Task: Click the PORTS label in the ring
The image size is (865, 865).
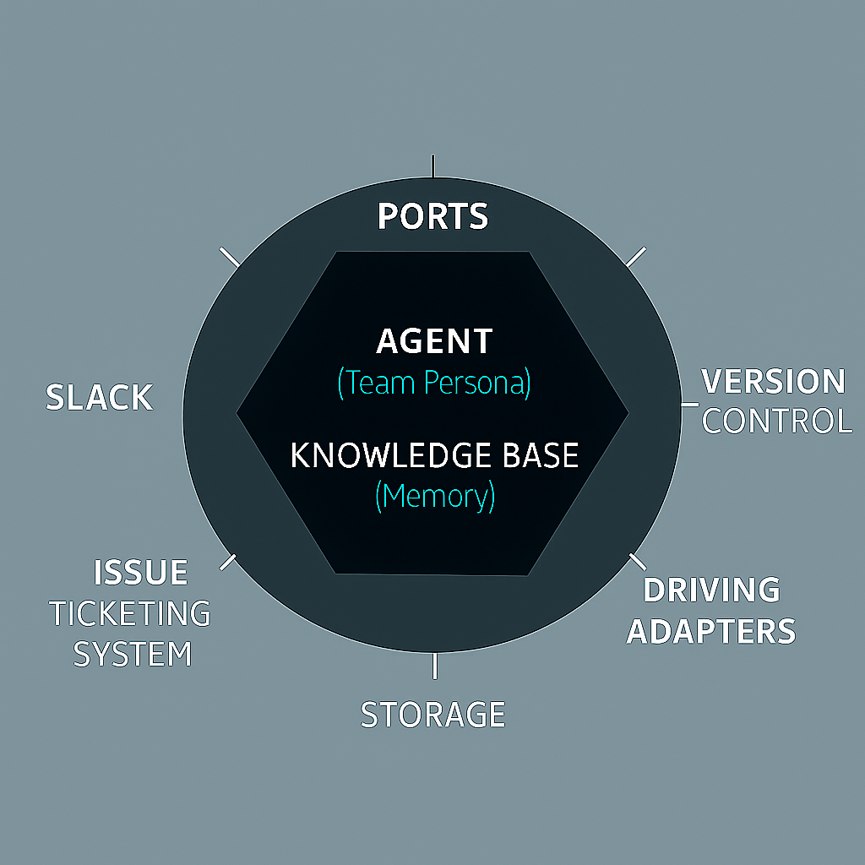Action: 433,215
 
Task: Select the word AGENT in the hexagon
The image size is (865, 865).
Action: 434,341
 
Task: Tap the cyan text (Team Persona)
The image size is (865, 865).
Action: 434,383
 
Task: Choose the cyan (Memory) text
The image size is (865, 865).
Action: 435,496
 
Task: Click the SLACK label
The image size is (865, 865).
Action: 100,397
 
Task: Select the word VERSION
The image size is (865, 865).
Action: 773,381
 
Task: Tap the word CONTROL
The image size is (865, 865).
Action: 777,421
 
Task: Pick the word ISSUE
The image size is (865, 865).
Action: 141,572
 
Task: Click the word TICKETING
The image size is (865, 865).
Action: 130,613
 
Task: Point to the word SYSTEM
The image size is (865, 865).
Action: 133,655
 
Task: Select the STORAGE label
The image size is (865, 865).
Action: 433,715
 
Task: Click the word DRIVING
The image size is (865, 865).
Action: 711,590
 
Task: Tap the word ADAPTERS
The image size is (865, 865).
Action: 711,631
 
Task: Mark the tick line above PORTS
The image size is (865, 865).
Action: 433,166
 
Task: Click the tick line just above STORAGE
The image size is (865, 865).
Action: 435,666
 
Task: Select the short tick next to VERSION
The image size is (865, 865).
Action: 690,405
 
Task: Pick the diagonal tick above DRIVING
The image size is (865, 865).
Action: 638,562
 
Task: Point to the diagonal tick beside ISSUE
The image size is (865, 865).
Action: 228,562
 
